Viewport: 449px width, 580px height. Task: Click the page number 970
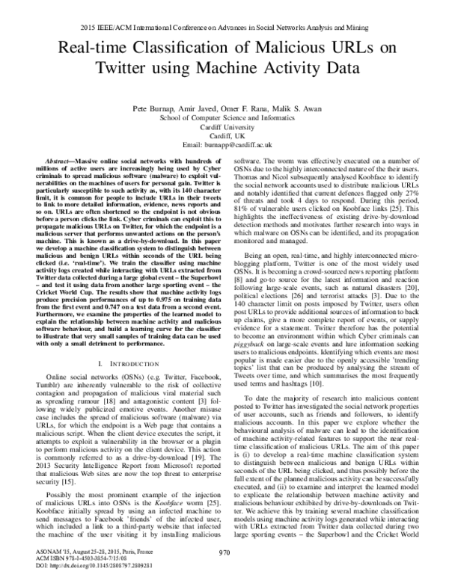224,552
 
